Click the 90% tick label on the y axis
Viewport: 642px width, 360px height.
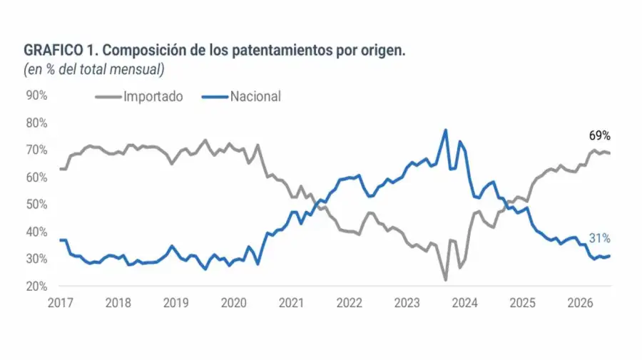[37, 96]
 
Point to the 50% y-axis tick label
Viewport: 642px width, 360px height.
[37, 204]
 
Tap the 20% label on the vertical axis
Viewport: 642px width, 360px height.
[37, 287]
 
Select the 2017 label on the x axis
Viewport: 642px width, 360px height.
[60, 303]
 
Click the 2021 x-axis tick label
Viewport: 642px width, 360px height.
[291, 303]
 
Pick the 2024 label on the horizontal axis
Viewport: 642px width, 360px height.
[464, 303]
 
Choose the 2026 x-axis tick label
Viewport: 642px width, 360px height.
[580, 303]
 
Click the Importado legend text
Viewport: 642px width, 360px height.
[153, 97]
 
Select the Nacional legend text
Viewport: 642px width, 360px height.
[255, 96]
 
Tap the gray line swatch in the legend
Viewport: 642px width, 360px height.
[108, 97]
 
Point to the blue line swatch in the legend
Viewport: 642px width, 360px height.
[215, 97]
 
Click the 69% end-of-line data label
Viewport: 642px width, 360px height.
[600, 135]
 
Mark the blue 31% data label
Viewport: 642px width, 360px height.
[600, 237]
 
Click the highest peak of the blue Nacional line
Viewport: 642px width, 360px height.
[445, 130]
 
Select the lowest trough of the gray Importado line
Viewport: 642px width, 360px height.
[445, 280]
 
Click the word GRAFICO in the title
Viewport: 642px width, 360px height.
[53, 51]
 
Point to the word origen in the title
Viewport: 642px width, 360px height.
[383, 51]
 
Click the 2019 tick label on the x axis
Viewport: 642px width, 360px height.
[175, 303]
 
